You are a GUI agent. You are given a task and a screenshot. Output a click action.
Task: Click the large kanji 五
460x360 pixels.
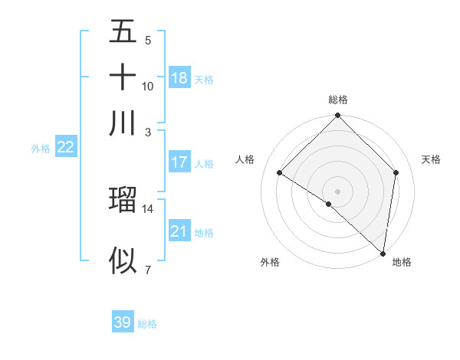pyautogui.click(x=123, y=33)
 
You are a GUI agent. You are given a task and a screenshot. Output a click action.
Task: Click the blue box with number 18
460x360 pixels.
pyautogui.click(x=179, y=77)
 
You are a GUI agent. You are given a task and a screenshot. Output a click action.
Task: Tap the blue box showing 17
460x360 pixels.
pyautogui.click(x=179, y=162)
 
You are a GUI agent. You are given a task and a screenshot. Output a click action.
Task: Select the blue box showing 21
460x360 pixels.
pyautogui.click(x=179, y=231)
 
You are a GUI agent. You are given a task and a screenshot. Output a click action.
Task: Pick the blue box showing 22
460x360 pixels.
pyautogui.click(x=65, y=148)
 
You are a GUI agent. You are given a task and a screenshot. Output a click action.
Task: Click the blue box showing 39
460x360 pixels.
pyautogui.click(x=123, y=322)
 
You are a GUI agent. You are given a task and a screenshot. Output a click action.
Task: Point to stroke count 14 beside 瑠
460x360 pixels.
pyautogui.click(x=148, y=208)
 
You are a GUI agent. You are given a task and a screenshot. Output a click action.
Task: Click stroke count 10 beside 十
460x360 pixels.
pyautogui.click(x=148, y=86)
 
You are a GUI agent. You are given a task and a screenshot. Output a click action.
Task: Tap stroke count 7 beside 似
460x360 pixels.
pyautogui.click(x=148, y=270)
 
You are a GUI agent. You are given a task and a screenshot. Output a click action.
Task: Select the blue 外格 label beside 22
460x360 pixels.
pyautogui.click(x=41, y=149)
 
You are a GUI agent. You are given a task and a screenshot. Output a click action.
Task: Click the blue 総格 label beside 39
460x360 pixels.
pyautogui.click(x=148, y=324)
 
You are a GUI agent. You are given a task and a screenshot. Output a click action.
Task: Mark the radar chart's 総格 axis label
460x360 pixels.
pyautogui.click(x=338, y=100)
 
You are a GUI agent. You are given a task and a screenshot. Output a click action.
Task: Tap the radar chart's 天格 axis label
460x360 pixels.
pyautogui.click(x=432, y=159)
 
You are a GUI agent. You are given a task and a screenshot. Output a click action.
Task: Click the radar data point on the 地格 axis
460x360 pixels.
pyautogui.click(x=383, y=252)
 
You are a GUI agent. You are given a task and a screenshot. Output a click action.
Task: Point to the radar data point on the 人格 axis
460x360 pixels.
pyautogui.click(x=280, y=172)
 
